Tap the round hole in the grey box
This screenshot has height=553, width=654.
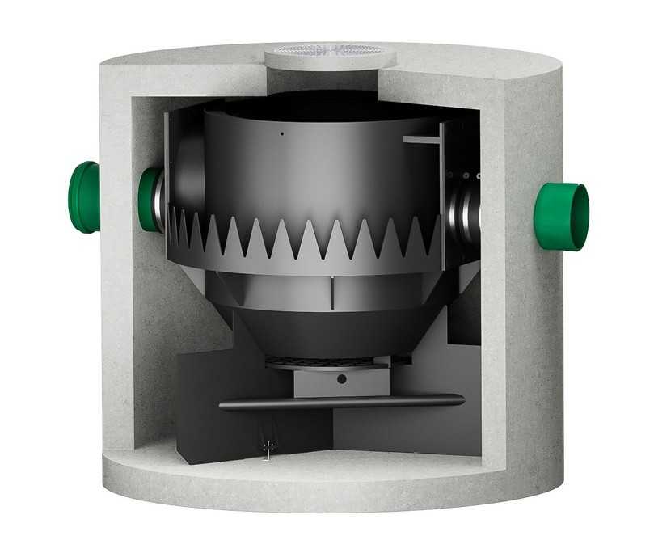click(341, 378)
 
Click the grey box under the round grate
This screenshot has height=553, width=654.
click(323, 382)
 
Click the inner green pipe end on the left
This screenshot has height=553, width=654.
click(149, 199)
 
